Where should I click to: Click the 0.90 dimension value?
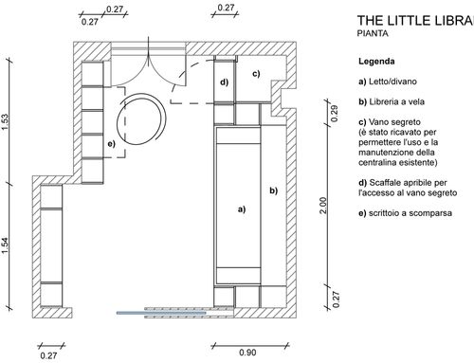[247, 353]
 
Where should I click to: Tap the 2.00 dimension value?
[323, 206]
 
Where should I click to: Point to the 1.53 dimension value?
[5, 121]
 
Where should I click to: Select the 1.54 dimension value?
[5, 245]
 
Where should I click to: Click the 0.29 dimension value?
[335, 113]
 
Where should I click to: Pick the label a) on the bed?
[242, 209]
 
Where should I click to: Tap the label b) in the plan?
[274, 191]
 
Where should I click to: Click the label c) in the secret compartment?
[256, 74]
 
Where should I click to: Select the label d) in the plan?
[224, 82]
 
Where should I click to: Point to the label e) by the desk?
[111, 144]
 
